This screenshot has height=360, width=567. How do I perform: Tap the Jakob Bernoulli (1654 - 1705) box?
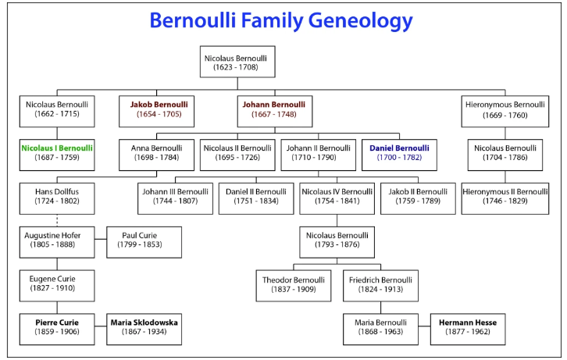coord(154,109)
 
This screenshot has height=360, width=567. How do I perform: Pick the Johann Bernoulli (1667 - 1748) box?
coord(273,109)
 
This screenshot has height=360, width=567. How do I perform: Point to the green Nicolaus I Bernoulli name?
coord(57,148)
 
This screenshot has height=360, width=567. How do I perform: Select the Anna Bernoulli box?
coord(155,153)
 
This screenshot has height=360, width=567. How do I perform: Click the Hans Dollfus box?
coord(57,197)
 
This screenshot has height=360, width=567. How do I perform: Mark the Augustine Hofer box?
coord(57,241)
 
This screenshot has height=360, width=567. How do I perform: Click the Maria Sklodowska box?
coord(144,328)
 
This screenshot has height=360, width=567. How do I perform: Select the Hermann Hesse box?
coord(467,328)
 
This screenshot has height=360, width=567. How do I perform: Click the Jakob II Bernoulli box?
coord(418,197)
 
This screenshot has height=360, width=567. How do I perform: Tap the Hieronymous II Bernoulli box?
coord(505,197)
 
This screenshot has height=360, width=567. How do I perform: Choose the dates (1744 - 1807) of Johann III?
coord(175,202)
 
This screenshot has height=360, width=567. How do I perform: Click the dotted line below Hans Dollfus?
coord(57,220)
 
